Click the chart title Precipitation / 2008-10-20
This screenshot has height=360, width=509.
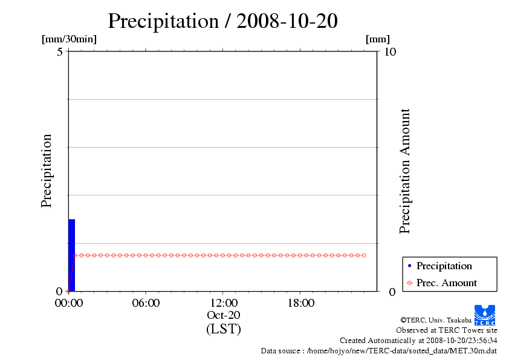click(222, 21)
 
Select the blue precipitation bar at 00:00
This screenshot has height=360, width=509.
click(71, 255)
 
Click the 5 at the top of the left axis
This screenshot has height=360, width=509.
click(60, 52)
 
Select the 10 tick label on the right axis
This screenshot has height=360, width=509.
click(390, 52)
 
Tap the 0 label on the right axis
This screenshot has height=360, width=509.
click(392, 292)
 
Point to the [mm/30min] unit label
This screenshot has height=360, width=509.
click(69, 39)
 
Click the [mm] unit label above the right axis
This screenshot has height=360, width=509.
click(378, 39)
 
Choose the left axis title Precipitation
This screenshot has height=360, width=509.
click(47, 171)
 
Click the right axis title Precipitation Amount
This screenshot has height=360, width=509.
click(405, 171)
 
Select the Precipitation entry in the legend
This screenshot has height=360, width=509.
click(444, 266)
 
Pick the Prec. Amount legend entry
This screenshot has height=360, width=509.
click(446, 283)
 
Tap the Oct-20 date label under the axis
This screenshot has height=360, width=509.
click(223, 315)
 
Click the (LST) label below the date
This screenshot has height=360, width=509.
click(223, 329)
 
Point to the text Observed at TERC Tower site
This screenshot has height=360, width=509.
click(446, 330)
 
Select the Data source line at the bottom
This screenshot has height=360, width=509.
click(378, 350)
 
